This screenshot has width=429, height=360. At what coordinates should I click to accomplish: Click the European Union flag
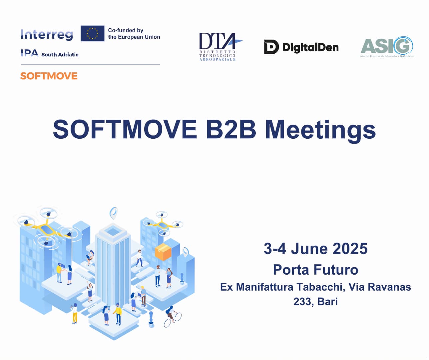coord(92,34)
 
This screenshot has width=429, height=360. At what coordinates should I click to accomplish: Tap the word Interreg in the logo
coord(47,34)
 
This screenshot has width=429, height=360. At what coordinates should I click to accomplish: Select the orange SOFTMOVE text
coord(49,76)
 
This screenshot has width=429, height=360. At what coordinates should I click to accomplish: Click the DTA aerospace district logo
coord(218,47)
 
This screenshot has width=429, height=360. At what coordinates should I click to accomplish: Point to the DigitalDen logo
coord(301,47)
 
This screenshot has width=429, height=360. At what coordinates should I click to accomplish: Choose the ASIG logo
coord(387,46)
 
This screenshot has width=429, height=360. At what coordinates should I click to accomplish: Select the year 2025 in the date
coord(350,249)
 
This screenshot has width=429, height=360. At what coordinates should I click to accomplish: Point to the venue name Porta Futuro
coord(315,270)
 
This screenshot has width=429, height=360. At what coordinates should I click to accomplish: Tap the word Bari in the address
coord(327,301)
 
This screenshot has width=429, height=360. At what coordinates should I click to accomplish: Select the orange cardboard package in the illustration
coord(163,251)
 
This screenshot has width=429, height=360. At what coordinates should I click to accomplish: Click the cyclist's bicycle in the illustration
coord(173,319)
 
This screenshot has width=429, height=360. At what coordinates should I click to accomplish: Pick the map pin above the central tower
coord(114,212)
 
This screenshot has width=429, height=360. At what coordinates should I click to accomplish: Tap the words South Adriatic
coord(60,55)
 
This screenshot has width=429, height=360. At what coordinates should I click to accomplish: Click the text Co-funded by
coord(126,30)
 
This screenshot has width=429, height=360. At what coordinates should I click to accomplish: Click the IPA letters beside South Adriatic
coord(29,53)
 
